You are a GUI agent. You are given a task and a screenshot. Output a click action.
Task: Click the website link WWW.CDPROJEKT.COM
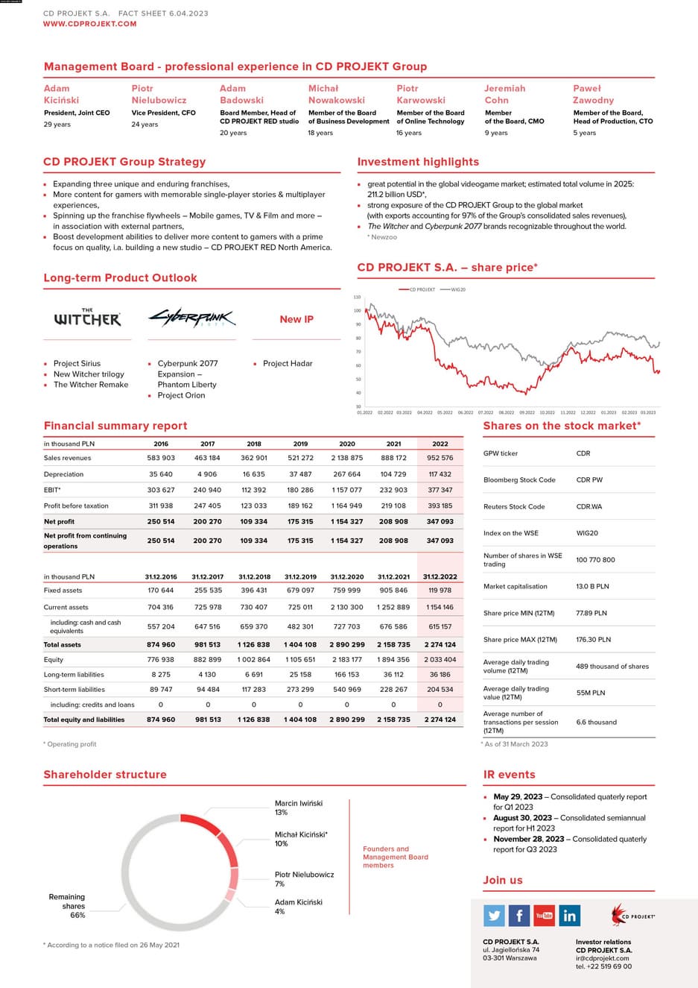coord(90,24)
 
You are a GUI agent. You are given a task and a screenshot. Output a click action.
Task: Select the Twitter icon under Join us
coord(494,915)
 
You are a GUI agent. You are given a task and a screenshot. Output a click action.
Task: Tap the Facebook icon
coord(519,915)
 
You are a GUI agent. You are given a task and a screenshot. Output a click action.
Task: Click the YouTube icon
coord(545,915)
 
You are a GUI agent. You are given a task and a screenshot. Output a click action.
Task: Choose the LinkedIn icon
coord(570,915)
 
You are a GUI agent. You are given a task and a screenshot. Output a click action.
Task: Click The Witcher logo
coord(87,318)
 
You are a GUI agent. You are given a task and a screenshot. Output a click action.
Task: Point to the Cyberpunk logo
coord(191,318)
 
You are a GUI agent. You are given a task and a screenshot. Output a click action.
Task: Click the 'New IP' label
coord(296,319)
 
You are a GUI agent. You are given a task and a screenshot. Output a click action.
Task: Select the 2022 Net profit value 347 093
coord(440,521)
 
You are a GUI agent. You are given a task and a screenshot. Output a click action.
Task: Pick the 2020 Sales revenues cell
coord(346,458)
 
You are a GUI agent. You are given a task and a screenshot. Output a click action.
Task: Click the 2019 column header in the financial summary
coord(300,444)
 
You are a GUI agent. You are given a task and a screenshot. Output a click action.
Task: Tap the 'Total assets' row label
coord(63,644)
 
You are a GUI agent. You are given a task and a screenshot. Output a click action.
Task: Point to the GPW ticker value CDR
coord(583,453)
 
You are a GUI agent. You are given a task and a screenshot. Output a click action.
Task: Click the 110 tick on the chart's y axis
coord(357,297)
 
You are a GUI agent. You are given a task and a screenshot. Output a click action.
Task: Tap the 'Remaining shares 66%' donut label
coord(68,906)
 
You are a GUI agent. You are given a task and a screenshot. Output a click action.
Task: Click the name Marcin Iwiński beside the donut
coord(299,803)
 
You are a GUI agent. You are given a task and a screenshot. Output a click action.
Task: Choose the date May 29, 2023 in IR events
coord(518,796)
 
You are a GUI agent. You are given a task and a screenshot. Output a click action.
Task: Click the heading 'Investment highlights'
coord(418,162)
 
